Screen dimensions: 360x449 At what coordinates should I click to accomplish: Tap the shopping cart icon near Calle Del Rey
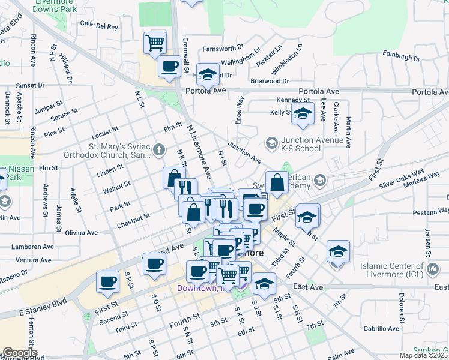tap(155, 43)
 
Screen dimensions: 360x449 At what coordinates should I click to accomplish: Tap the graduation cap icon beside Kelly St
tap(303, 113)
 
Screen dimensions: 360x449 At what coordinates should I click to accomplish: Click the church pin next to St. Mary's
tap(158, 148)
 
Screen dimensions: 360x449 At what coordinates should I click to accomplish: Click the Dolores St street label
tap(400, 305)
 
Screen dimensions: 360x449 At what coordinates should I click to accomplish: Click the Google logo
tap(19, 352)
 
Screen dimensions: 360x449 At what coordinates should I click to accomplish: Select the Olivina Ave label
tap(82, 232)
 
